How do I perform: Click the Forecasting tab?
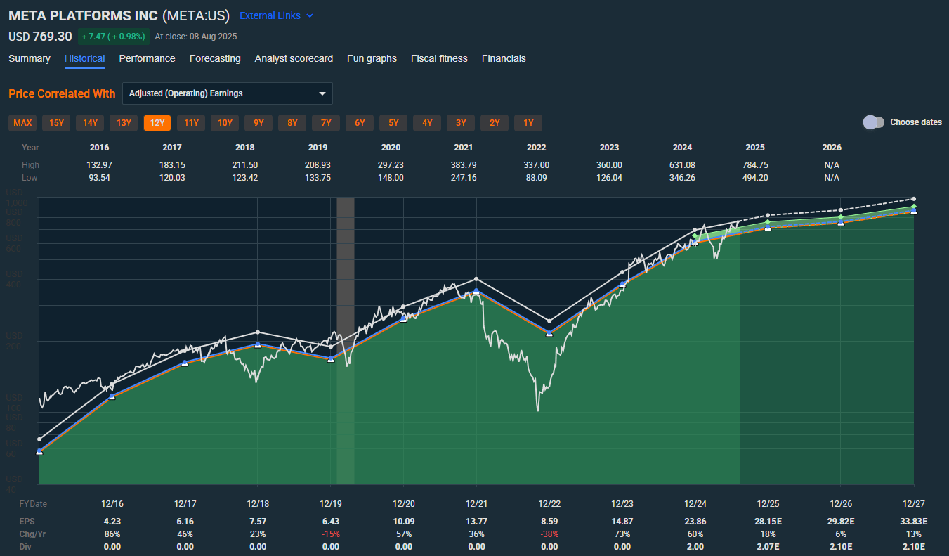tap(215, 58)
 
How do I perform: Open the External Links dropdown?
tap(276, 15)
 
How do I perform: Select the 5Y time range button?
tap(393, 123)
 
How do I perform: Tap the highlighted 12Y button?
tap(157, 123)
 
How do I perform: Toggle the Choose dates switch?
tap(874, 122)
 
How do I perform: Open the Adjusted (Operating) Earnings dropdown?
tap(227, 93)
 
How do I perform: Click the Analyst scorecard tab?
tap(294, 58)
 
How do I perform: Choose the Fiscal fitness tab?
tap(439, 58)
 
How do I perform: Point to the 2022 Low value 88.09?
tap(537, 178)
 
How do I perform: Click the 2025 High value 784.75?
tap(755, 165)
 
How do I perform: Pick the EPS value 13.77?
tap(476, 522)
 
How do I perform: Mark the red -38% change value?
tap(549, 534)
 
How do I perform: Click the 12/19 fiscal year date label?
tap(331, 504)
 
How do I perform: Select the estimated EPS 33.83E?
tap(913, 522)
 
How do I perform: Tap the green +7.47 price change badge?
tap(113, 37)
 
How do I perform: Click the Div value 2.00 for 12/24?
tap(695, 547)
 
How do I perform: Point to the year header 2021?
tap(464, 148)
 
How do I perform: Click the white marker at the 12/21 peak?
tap(476, 279)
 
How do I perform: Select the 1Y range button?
tap(528, 123)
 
